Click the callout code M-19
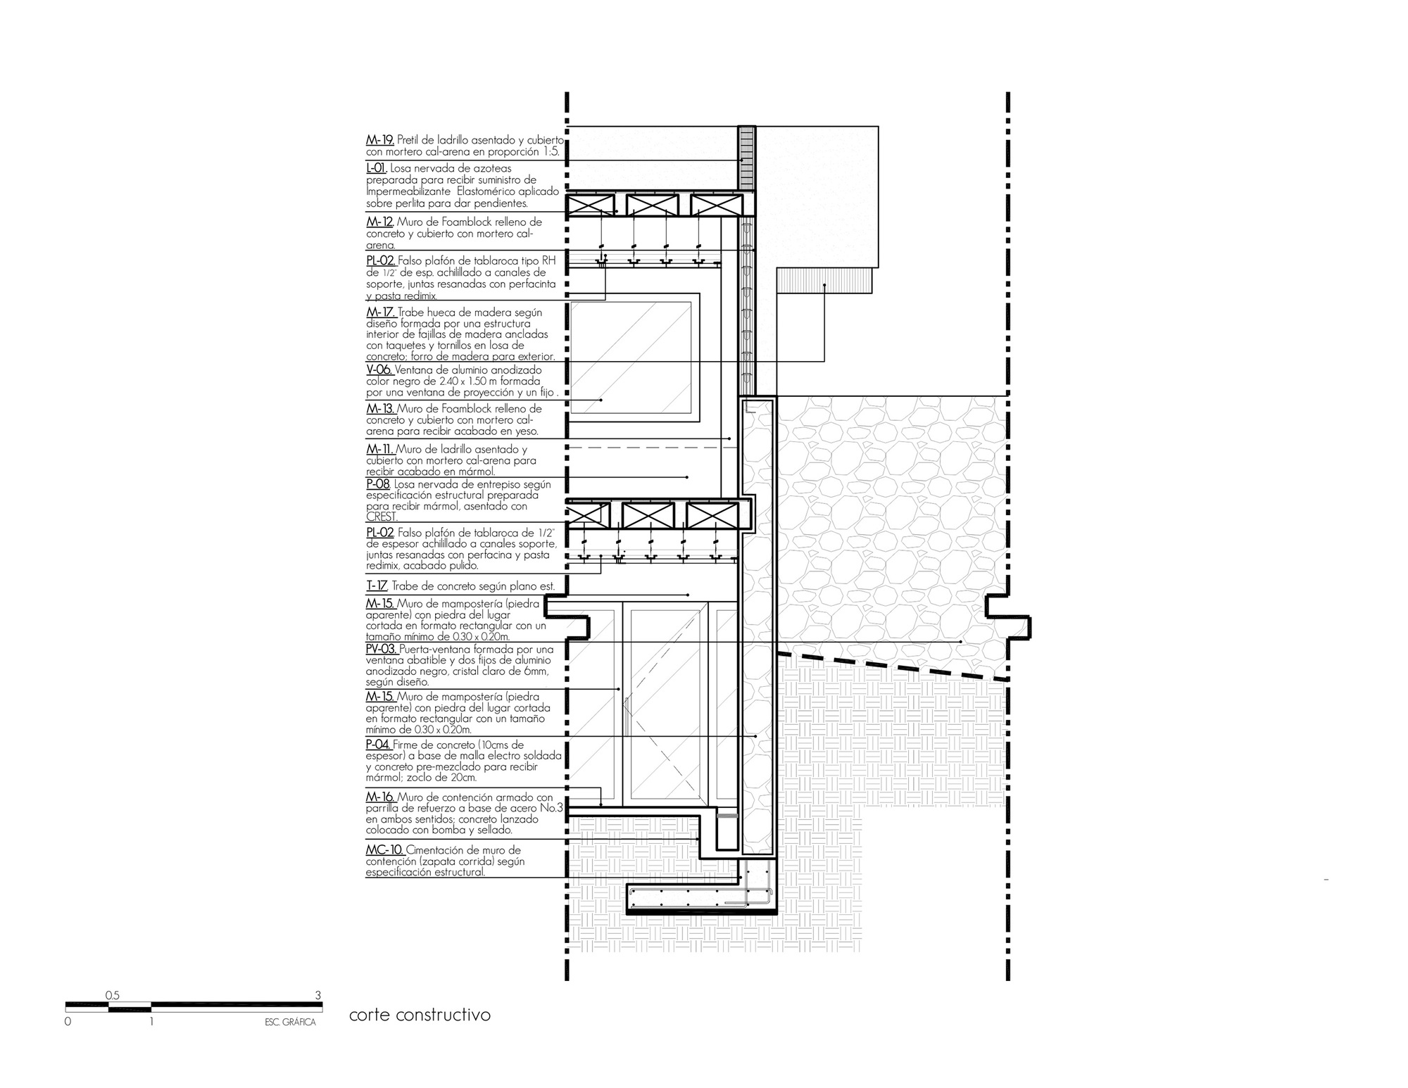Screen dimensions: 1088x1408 (x=379, y=141)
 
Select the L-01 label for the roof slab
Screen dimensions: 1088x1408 (x=376, y=169)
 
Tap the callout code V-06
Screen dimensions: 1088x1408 (x=379, y=370)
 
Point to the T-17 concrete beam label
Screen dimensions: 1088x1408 (x=376, y=586)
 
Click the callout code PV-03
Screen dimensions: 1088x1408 (x=381, y=650)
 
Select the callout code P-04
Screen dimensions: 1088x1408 (x=378, y=745)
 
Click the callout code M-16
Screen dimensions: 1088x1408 (x=379, y=797)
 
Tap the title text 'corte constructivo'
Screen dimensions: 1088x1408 (x=420, y=1016)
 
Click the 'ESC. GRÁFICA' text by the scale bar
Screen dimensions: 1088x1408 (x=285, y=1023)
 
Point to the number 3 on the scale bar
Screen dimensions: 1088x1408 (x=318, y=995)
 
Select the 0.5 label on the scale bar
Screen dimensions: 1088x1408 (x=112, y=995)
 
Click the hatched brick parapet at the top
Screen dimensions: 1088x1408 (x=746, y=158)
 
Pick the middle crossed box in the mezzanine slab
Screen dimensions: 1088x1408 (x=646, y=515)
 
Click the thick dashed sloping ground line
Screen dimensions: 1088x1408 (x=894, y=666)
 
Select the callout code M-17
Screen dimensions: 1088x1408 (x=380, y=313)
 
